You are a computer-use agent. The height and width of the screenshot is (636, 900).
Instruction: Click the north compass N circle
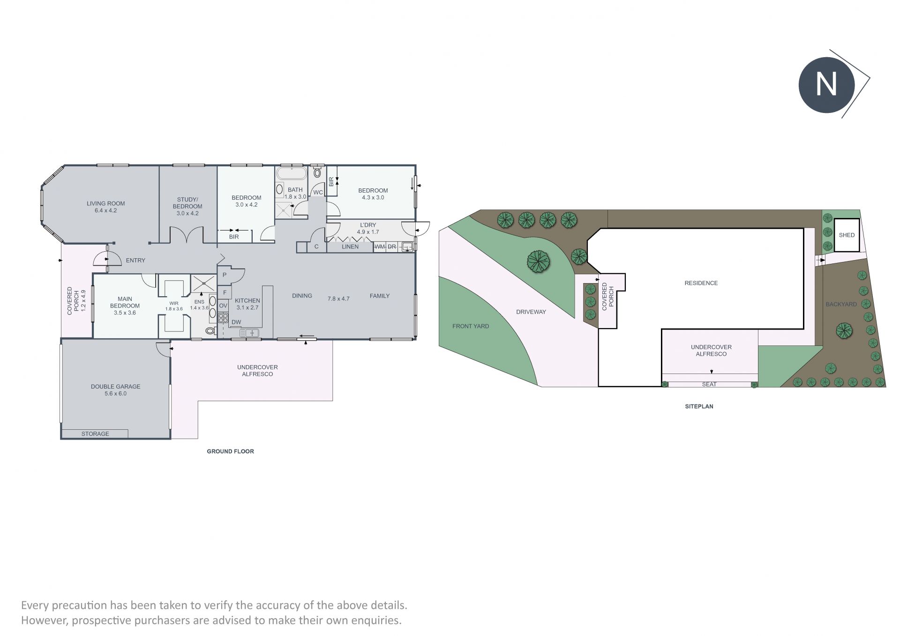826,85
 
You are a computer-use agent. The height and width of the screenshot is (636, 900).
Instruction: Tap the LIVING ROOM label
106,203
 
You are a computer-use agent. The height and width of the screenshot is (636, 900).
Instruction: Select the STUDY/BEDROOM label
187,203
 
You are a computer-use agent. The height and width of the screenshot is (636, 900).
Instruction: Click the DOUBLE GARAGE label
116,387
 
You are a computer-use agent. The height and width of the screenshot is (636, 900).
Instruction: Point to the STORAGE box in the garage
95,434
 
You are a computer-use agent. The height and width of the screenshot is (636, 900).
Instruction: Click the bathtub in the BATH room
292,174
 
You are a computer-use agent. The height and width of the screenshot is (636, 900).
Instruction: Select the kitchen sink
249,333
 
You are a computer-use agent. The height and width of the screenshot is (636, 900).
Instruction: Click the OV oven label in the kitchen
223,306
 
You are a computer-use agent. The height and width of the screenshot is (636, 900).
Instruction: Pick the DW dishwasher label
236,322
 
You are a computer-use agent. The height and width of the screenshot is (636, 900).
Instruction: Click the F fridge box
225,292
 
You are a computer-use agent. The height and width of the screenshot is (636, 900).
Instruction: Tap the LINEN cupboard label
350,247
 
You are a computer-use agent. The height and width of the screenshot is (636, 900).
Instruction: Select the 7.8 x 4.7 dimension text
338,299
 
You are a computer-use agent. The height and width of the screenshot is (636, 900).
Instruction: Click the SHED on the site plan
847,235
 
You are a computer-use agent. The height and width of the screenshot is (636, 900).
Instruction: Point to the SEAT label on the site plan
709,384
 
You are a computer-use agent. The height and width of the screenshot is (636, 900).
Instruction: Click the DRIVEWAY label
531,312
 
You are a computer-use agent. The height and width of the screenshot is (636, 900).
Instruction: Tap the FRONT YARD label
471,326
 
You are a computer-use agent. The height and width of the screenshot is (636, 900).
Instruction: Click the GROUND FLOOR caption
231,451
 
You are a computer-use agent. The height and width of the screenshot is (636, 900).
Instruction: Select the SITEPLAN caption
699,406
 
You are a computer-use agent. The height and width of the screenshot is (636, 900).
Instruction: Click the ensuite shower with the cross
203,283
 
